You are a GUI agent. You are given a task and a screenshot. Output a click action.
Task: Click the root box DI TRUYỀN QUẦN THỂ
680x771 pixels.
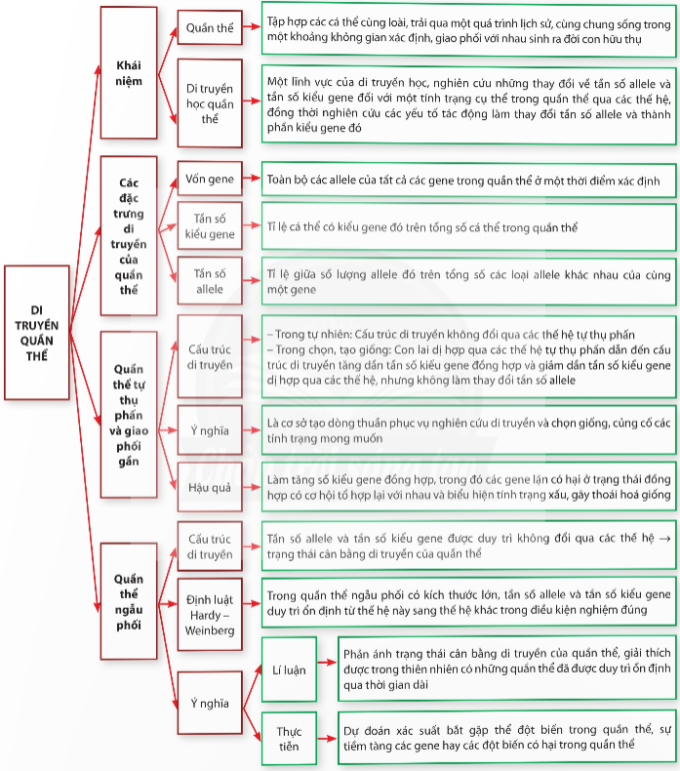click(37, 333)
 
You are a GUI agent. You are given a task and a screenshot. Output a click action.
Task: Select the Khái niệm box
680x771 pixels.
click(129, 73)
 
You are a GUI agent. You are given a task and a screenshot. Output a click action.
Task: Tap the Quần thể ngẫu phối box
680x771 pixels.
click(129, 601)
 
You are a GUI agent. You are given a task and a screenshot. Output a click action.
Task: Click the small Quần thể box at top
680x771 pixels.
click(210, 27)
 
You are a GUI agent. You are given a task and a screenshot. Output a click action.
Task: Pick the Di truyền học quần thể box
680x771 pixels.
click(210, 103)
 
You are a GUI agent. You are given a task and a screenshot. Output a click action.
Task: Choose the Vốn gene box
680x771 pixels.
click(210, 179)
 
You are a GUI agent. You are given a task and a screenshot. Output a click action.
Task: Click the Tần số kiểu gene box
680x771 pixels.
click(210, 226)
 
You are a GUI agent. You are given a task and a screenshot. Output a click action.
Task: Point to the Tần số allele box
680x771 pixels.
click(210, 281)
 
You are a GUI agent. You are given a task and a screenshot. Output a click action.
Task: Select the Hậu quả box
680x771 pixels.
click(210, 487)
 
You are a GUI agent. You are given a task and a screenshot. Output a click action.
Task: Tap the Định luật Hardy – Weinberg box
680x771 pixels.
click(210, 615)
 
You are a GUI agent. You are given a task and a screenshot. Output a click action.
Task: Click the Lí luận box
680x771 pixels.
click(289, 670)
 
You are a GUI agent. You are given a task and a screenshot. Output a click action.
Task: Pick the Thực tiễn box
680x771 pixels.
click(289, 739)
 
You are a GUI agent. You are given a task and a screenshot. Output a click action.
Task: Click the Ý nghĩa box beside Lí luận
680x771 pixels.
click(210, 703)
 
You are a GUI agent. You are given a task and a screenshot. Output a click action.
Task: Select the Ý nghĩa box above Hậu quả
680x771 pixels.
click(210, 430)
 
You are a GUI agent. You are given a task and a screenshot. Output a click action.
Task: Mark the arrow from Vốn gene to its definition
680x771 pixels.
click(252, 178)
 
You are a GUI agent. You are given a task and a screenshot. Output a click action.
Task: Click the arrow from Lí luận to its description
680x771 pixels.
click(328, 663)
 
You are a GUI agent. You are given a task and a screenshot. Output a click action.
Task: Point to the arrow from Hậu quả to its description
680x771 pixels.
click(252, 487)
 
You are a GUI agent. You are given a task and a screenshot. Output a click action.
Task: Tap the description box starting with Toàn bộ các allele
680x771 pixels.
click(468, 180)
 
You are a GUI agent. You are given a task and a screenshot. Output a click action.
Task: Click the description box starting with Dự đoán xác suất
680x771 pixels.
click(507, 738)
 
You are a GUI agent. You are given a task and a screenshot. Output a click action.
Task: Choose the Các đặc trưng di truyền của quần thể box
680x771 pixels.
click(129, 236)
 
